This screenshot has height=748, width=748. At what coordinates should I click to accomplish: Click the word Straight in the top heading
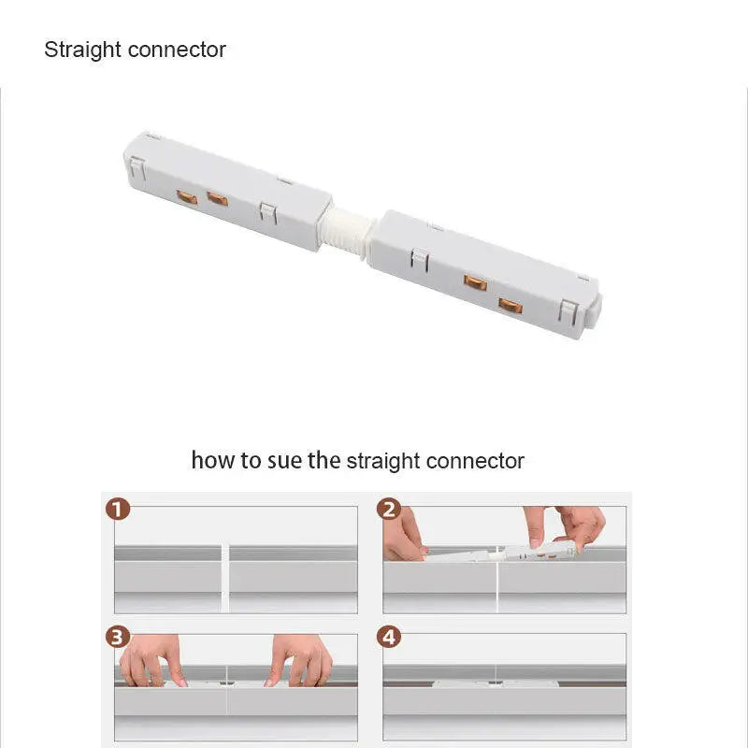(x=82, y=50)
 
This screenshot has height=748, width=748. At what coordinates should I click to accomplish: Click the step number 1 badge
(x=118, y=509)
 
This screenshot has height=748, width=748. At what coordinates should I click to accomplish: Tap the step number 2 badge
(x=389, y=509)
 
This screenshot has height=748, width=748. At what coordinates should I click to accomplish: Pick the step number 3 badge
(x=118, y=637)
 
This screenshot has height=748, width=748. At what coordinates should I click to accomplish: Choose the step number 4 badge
(x=389, y=637)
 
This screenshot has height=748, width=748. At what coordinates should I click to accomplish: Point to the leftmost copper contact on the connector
(x=187, y=197)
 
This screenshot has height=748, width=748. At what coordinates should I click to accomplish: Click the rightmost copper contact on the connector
(x=511, y=306)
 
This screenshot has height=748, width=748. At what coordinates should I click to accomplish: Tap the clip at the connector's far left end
(x=137, y=168)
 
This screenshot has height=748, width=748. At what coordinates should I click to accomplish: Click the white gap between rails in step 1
(x=225, y=578)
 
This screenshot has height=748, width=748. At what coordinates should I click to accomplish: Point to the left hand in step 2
(x=404, y=534)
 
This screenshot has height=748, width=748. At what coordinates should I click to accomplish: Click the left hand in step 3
(x=151, y=661)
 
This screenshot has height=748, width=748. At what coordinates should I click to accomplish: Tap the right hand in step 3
(x=299, y=661)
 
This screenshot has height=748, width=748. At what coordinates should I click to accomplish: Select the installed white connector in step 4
(x=496, y=683)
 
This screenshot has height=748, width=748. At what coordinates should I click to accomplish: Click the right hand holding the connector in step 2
(x=566, y=528)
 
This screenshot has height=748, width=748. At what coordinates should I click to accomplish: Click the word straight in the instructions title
(x=383, y=461)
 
